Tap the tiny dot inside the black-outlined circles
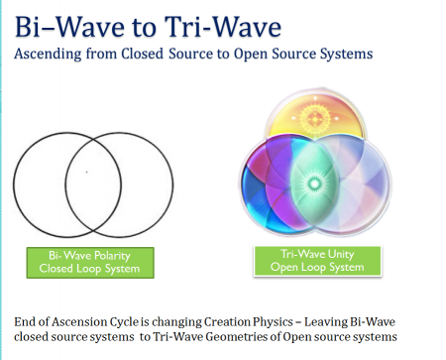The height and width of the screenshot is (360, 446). [x=86, y=172]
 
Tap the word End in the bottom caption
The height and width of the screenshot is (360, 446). [x=26, y=322]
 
